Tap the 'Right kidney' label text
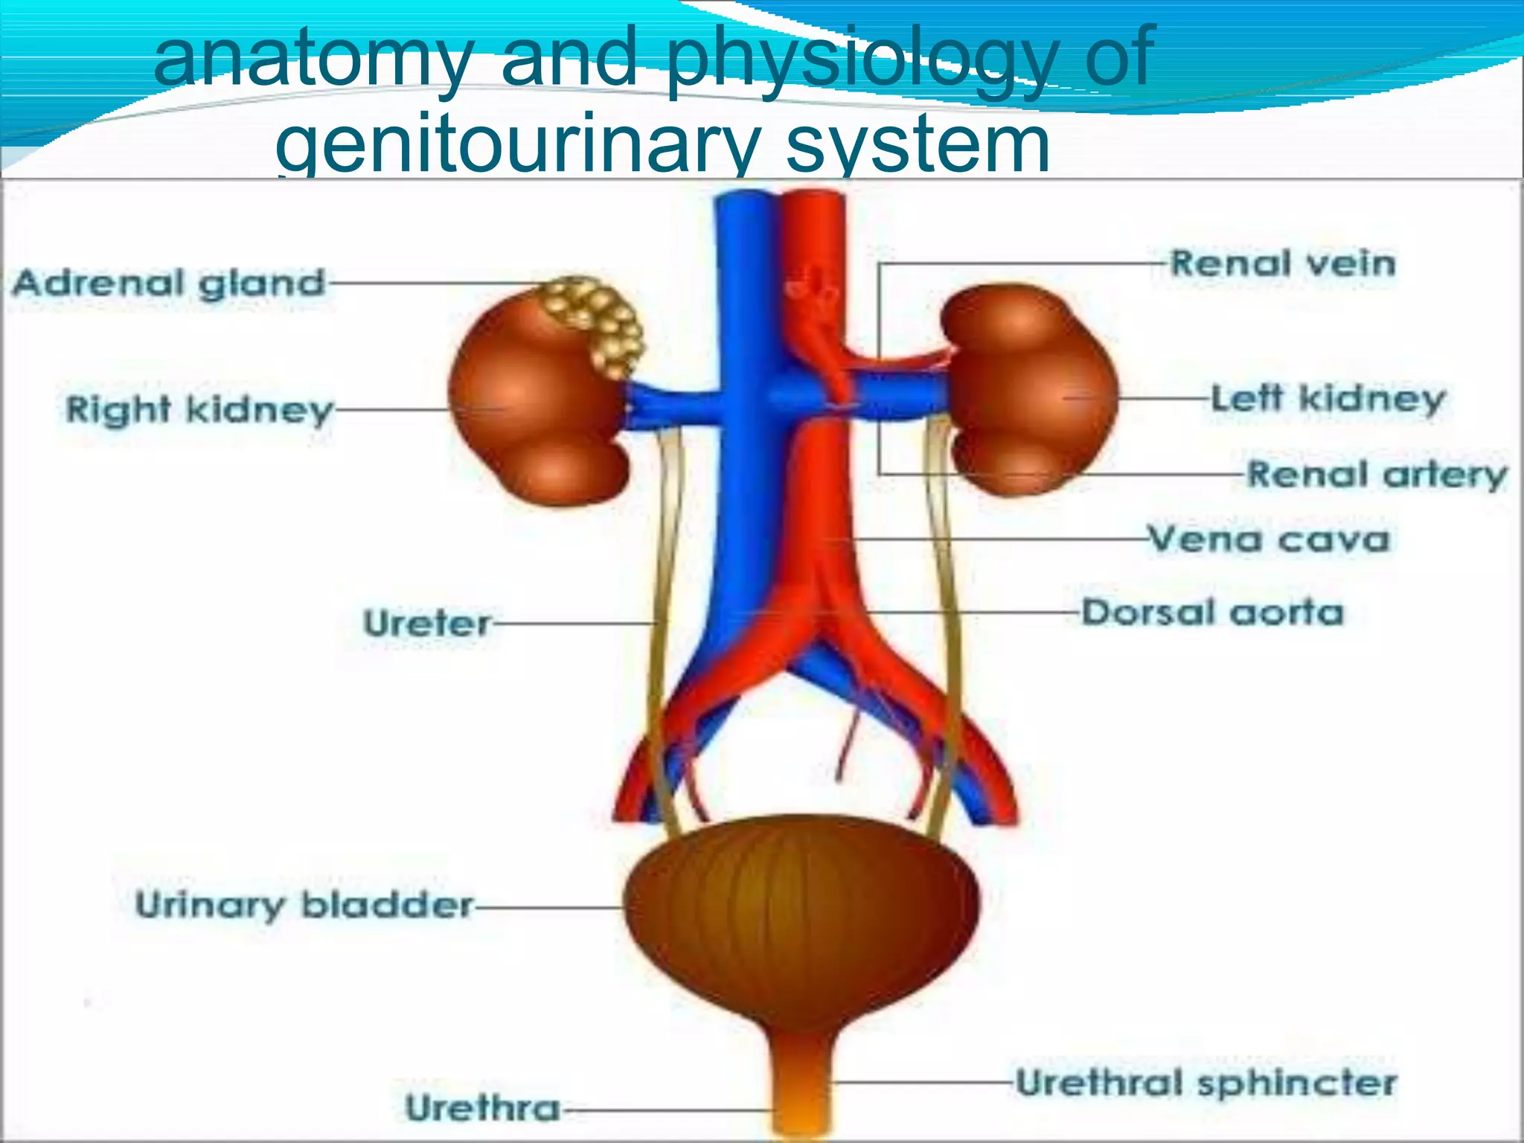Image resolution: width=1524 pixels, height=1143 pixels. (199, 410)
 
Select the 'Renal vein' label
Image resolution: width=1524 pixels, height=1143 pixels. (1283, 263)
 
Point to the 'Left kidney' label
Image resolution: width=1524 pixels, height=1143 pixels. (1328, 400)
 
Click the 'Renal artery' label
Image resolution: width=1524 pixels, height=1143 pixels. (1377, 474)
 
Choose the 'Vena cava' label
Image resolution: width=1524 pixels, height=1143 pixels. (1269, 539)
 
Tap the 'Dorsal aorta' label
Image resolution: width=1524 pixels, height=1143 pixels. (1212, 613)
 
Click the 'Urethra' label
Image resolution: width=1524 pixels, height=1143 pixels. (483, 1108)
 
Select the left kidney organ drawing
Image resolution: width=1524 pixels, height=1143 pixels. (1031, 389)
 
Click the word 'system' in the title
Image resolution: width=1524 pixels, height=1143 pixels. (919, 144)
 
